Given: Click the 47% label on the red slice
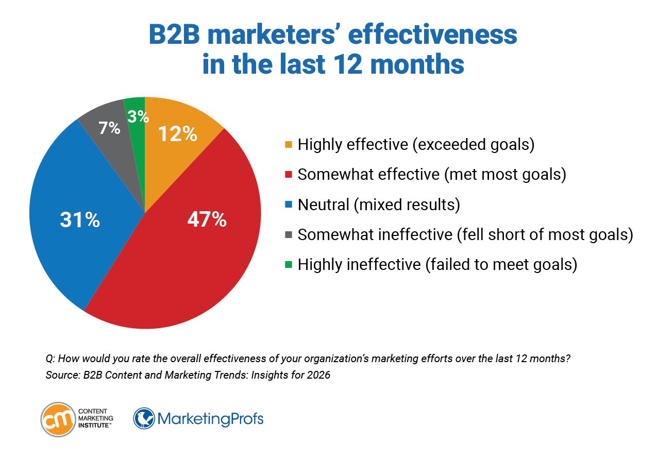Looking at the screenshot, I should coord(206,220).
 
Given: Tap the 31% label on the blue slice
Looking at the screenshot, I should coord(80,220).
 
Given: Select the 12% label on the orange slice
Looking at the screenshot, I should coord(178,134).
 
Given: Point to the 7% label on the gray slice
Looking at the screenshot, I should coord(109,128).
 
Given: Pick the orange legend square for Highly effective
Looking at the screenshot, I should coord(288,145).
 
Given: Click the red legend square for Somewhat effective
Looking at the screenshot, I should coord(288,175).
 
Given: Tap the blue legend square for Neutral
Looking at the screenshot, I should coord(288,205).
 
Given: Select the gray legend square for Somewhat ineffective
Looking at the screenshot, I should coord(288,235).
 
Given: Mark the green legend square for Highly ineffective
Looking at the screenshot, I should coord(288,265).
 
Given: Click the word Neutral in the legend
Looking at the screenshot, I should coord(323,205).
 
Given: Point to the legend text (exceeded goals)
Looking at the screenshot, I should coord(473,145).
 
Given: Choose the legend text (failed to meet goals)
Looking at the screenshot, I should coord(500,265).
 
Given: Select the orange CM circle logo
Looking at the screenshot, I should coord(57,419).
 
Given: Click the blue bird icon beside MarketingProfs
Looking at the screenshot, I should coord(144,418).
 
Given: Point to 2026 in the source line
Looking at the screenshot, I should coord(319,375).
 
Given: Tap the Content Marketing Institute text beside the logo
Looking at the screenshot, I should coord(96,419).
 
